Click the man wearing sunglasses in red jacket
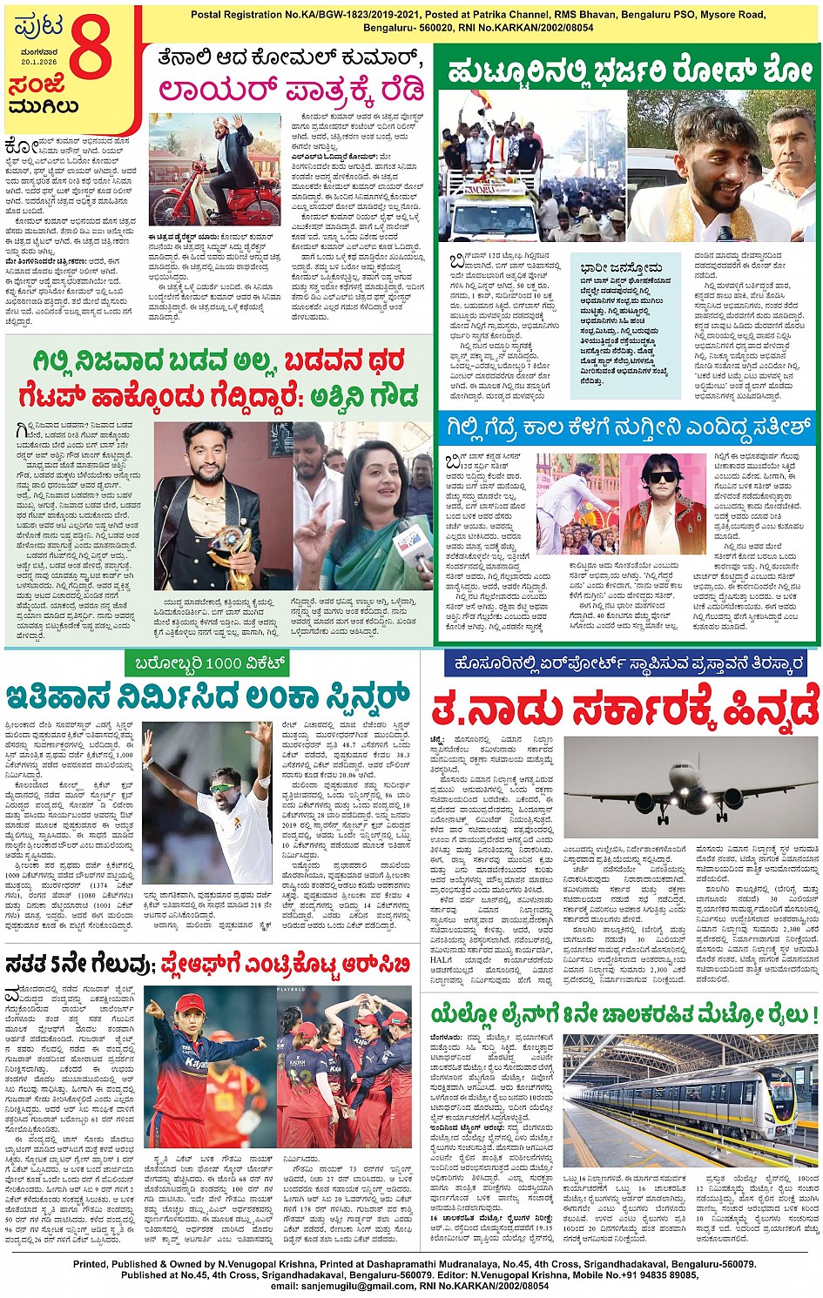663,505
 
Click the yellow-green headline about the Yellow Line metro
624,1015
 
